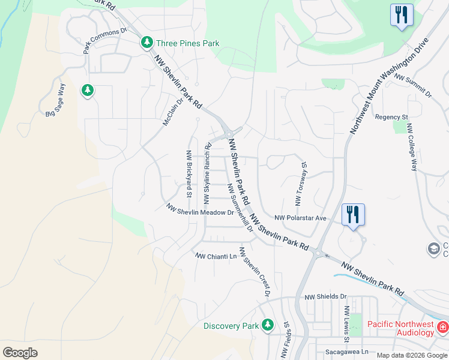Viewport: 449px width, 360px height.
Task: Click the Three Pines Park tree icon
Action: pos(146,43)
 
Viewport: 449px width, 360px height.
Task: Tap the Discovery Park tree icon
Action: pos(268,325)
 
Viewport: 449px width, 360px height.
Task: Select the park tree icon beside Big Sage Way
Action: pos(88,91)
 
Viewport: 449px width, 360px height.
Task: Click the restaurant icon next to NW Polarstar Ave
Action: pos(352,214)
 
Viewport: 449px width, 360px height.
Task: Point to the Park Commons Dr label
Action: pos(106,40)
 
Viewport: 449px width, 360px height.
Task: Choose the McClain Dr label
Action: pos(172,112)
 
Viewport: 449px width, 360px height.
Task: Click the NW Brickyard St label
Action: pos(188,174)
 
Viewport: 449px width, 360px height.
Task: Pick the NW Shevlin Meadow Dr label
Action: pos(200,211)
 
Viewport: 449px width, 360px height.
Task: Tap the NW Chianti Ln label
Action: pos(216,256)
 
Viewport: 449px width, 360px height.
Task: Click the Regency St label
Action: pos(391,117)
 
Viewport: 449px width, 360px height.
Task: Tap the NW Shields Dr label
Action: pos(326,296)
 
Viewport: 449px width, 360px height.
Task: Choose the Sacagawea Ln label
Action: pos(346,353)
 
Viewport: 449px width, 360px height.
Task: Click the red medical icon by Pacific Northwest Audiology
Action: pos(442,327)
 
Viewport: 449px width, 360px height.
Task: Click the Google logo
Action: pos(20,352)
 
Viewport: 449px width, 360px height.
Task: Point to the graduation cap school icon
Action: pos(433,248)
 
